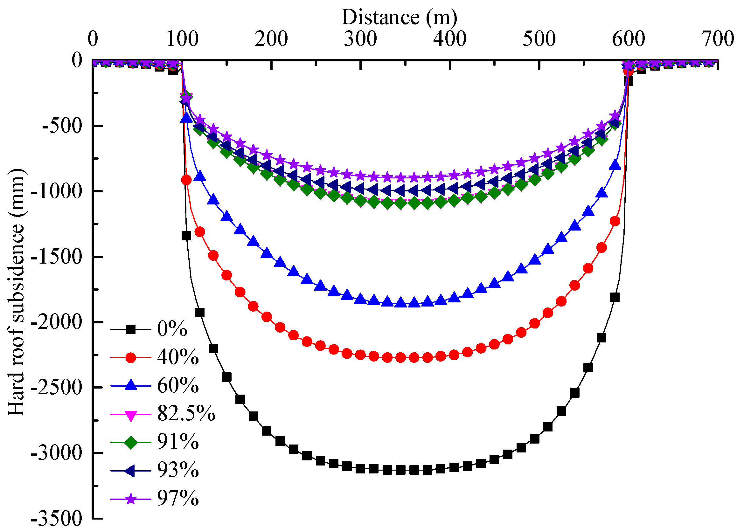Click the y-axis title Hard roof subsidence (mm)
point(16,292)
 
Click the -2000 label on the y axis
point(56,322)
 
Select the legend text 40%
point(178,357)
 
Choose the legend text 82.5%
point(186,414)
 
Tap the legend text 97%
point(178,498)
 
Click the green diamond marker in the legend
point(131,442)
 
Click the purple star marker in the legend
point(131,499)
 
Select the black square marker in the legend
point(131,329)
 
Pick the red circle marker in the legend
point(131,358)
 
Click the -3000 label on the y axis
point(56,453)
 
